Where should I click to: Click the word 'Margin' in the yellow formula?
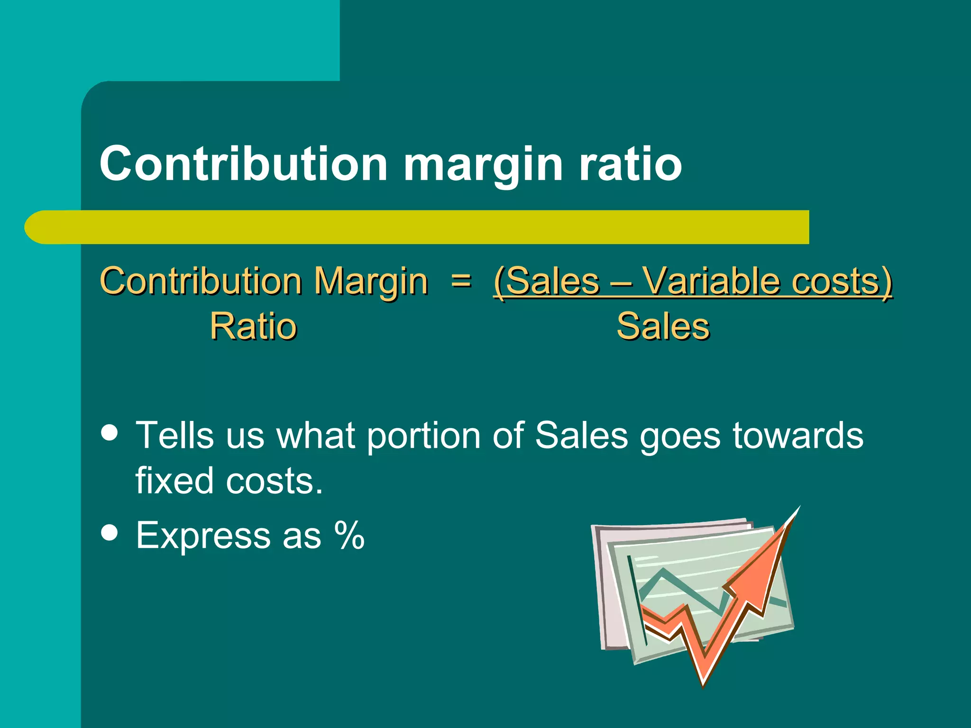pyautogui.click(x=371, y=282)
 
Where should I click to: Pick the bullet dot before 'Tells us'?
pyautogui.click(x=110, y=432)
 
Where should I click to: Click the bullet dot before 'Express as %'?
pyautogui.click(x=110, y=532)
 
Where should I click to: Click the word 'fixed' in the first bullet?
pyautogui.click(x=174, y=481)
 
